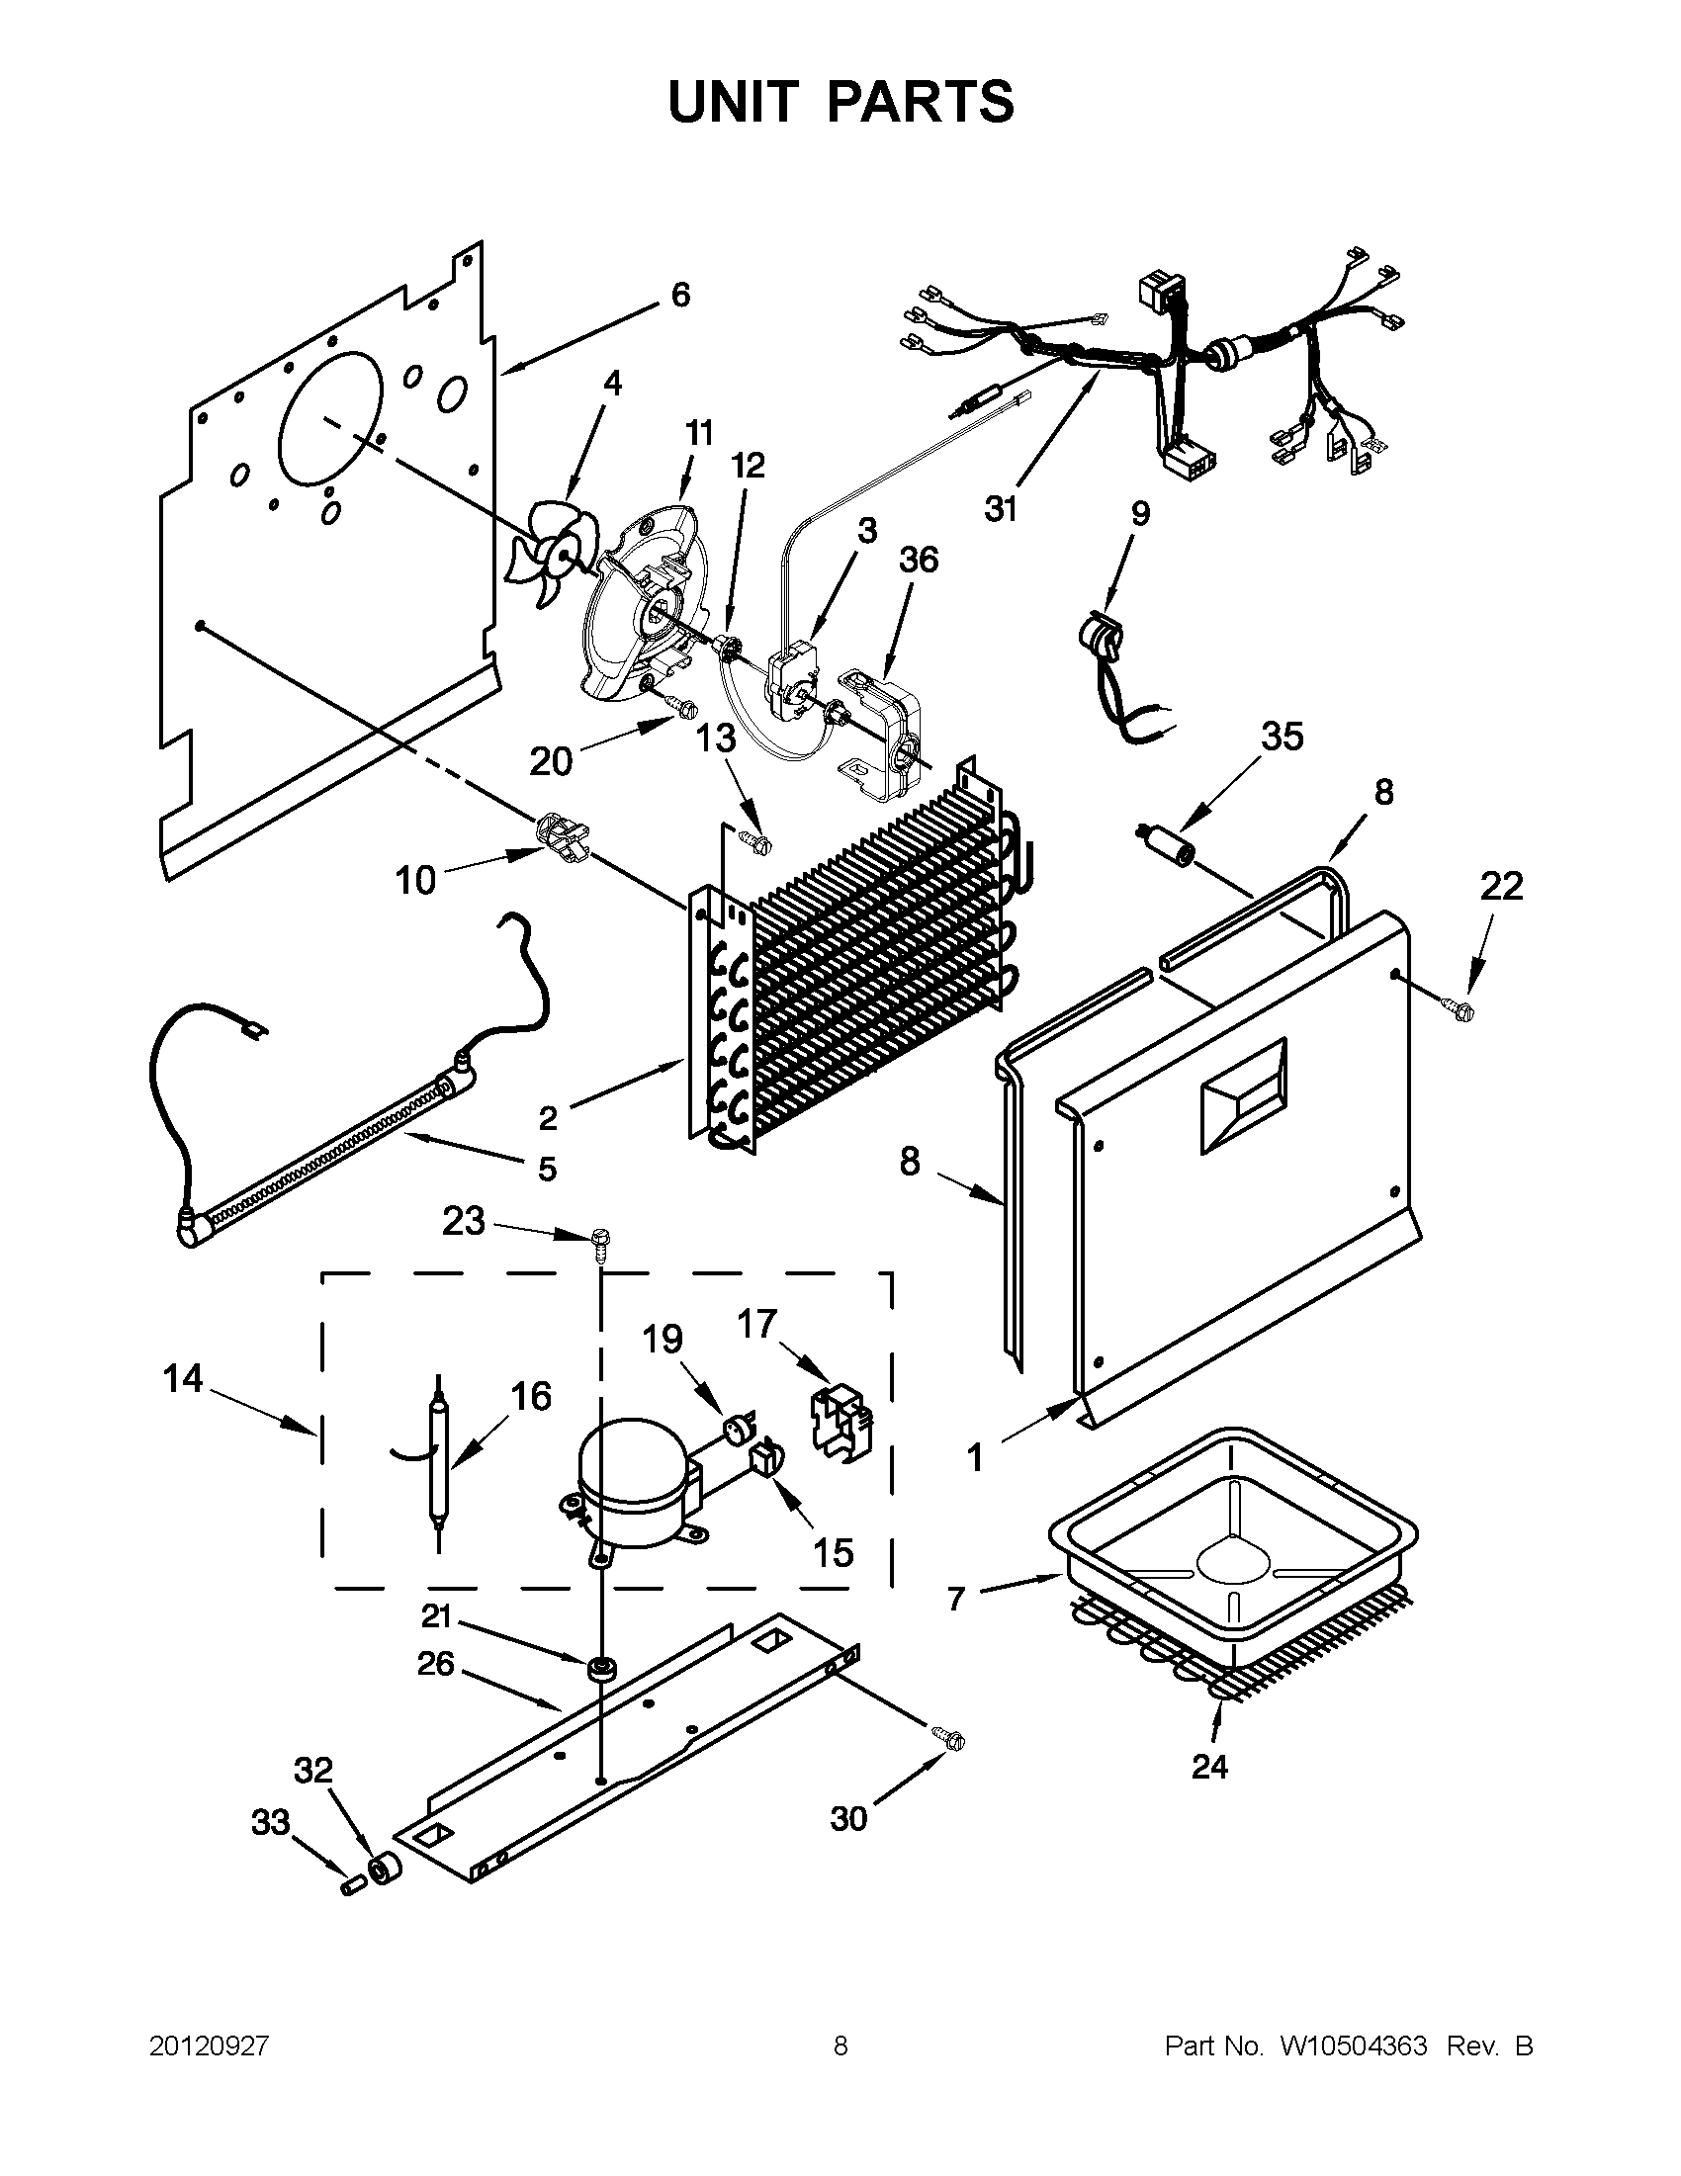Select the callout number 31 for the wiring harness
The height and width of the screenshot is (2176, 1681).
click(x=1001, y=509)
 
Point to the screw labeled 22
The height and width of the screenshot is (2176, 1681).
click(x=1461, y=1010)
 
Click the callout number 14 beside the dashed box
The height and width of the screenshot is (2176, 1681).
click(x=183, y=1379)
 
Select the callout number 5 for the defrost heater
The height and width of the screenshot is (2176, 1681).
click(x=547, y=1168)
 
